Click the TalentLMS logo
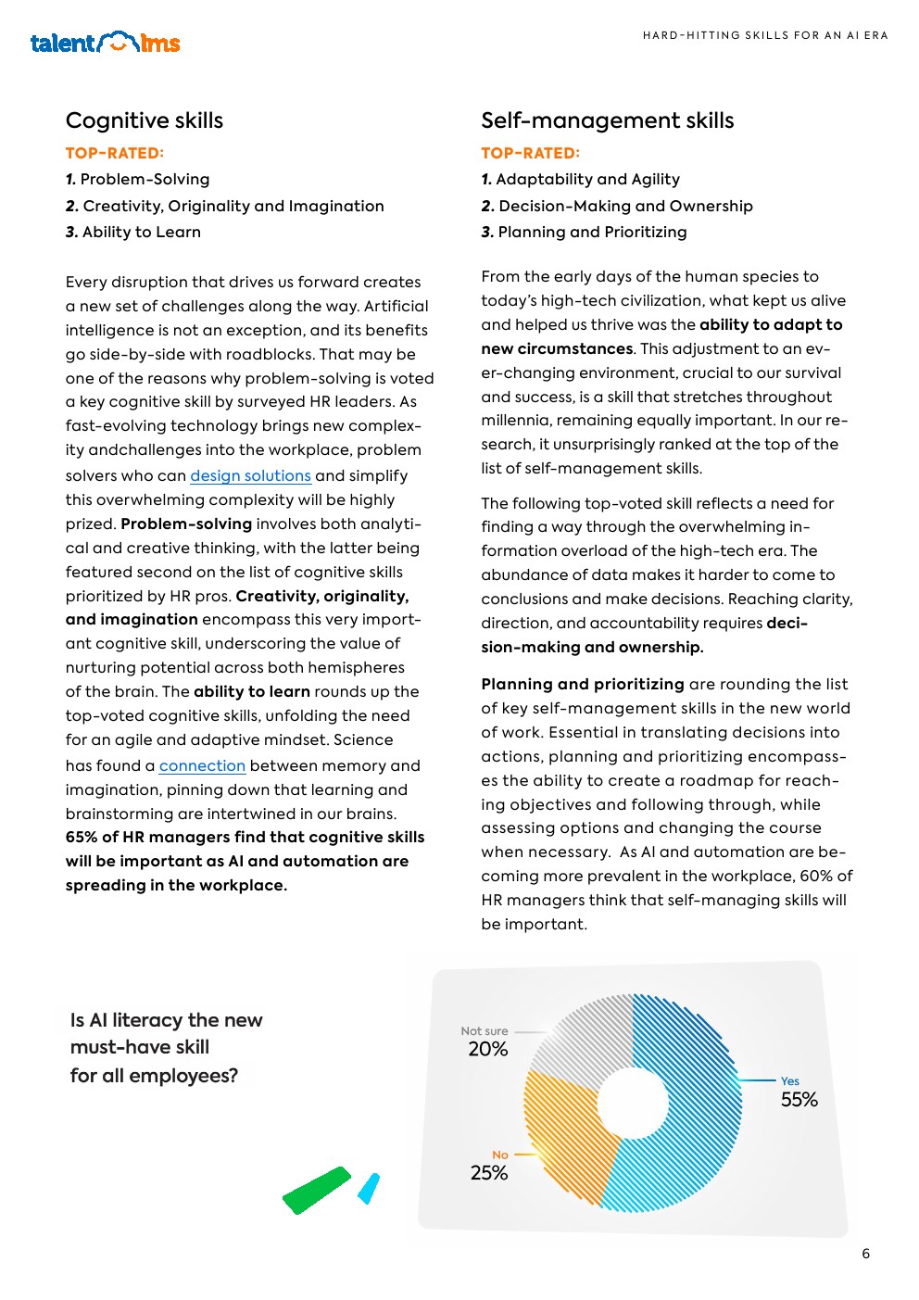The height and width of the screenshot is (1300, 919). (x=105, y=43)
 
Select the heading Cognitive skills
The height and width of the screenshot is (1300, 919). (x=145, y=120)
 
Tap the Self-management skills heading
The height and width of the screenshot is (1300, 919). (x=607, y=120)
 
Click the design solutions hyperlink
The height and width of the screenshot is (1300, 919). (x=250, y=475)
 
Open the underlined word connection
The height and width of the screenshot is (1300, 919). (x=202, y=765)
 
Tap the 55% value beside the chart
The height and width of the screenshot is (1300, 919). (x=799, y=1100)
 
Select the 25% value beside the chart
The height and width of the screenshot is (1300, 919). (x=489, y=1173)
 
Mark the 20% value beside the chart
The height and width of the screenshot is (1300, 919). (x=488, y=1049)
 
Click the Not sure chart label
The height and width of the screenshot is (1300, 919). (x=485, y=1030)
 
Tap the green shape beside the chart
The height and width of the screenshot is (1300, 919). (x=317, y=1191)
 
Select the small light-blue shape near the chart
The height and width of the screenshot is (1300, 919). (x=369, y=1189)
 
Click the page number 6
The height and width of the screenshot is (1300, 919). (x=865, y=1254)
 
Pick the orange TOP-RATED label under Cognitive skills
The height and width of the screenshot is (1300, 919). (x=115, y=153)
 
